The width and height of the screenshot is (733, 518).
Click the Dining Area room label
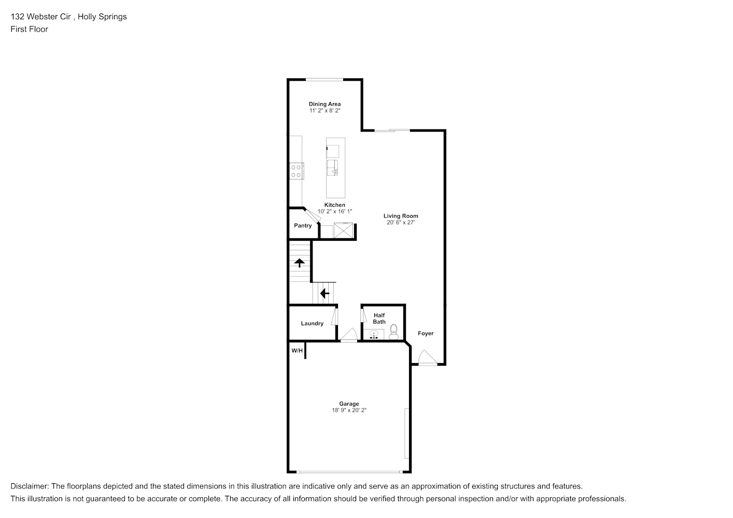tap(325, 104)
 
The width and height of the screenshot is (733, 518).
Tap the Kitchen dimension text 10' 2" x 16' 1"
tap(335, 211)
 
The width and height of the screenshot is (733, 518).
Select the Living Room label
tap(401, 216)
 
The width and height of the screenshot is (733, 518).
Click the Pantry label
tap(303, 225)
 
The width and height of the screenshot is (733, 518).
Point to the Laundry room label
tap(312, 323)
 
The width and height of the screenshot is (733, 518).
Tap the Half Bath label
tap(379, 318)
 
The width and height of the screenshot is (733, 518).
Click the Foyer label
tap(426, 333)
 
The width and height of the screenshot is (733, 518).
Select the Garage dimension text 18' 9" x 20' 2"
tap(349, 410)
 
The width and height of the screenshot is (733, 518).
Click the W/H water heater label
tap(297, 351)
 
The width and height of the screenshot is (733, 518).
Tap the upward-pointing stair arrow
tap(300, 263)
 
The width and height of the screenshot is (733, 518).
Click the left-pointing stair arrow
tap(325, 293)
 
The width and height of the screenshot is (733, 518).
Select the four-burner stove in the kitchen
tap(297, 171)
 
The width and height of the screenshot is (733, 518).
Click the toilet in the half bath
tap(393, 332)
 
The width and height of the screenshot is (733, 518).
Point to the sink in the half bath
tap(374, 335)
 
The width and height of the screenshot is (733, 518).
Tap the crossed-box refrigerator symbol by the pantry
tap(343, 230)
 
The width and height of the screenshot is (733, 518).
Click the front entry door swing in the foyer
tap(427, 357)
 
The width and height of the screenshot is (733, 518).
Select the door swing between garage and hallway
tap(349, 335)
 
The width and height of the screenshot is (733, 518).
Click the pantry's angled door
tap(312, 216)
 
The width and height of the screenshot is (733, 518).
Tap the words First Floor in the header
tap(29, 29)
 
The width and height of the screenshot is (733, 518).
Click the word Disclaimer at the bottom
tap(30, 486)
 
